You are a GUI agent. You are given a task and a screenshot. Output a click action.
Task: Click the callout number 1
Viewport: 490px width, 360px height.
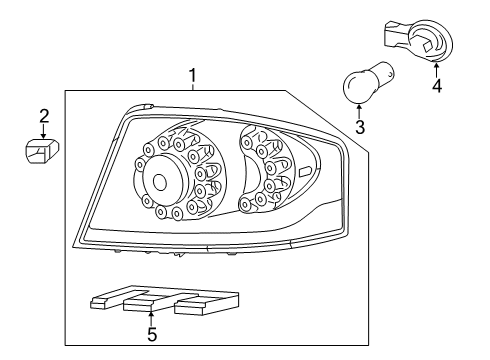(x=193, y=76)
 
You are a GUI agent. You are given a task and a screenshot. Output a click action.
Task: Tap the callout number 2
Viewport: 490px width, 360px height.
(x=44, y=116)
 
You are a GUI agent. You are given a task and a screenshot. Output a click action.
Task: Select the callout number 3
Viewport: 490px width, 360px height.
(x=360, y=127)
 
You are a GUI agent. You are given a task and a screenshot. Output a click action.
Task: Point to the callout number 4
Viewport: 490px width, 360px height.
(x=437, y=86)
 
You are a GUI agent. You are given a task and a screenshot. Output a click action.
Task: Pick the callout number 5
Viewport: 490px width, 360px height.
(x=152, y=334)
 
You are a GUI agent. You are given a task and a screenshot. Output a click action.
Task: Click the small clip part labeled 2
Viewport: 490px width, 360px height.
(x=42, y=152)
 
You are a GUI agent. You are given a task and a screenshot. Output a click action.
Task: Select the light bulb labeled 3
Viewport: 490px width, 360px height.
(x=368, y=82)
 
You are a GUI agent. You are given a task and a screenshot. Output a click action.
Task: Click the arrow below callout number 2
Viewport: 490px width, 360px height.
(x=43, y=131)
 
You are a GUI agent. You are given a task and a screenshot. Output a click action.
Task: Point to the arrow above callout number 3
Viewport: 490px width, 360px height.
(x=359, y=112)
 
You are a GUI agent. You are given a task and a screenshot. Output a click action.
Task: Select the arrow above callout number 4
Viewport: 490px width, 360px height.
(x=436, y=70)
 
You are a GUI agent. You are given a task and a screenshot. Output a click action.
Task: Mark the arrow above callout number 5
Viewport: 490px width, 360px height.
(x=151, y=318)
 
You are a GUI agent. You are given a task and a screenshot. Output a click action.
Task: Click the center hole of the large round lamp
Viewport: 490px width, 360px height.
(x=160, y=182)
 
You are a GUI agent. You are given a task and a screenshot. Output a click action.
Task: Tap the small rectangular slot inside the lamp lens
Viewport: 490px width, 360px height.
(x=305, y=172)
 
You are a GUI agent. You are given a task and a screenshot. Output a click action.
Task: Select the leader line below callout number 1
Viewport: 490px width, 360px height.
(x=193, y=87)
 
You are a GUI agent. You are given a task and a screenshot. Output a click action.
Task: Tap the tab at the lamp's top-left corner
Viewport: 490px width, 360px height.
(x=141, y=107)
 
